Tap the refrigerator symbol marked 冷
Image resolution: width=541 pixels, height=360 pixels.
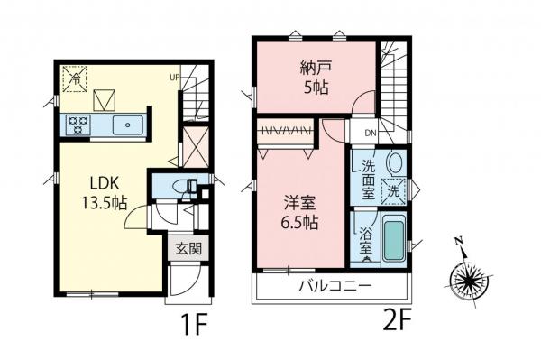pos(76,78)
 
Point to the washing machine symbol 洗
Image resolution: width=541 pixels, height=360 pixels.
pos(393,191)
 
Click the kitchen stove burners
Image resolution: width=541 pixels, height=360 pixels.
pos(77,126)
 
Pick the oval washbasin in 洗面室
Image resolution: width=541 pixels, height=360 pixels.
pos(395,163)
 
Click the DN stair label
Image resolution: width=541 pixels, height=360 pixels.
pos(370,133)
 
